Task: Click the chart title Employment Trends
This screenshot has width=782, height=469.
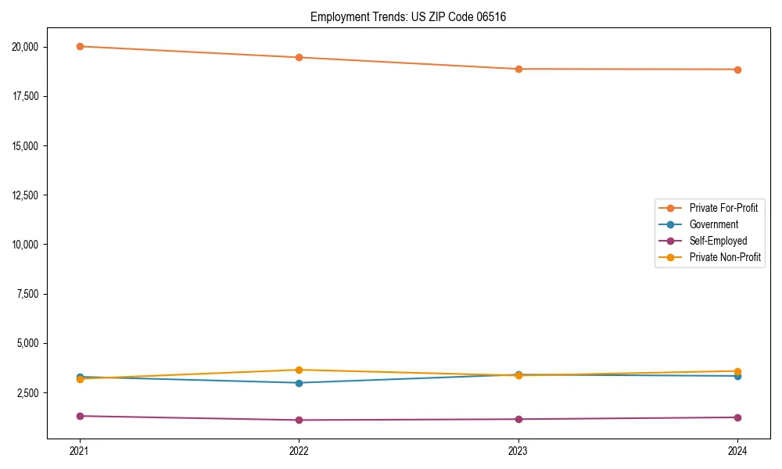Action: point(408,16)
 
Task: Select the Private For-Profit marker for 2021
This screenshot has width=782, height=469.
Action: point(80,46)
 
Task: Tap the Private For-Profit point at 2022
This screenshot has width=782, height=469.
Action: point(299,57)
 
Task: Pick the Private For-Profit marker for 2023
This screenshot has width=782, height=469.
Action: point(518,69)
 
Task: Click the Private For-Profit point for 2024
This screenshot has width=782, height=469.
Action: point(737,70)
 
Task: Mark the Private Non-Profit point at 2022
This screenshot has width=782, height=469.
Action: point(299,370)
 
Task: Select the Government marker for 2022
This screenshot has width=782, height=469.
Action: point(299,383)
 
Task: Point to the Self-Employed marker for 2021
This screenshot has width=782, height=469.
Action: point(80,416)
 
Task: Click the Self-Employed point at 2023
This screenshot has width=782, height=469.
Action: point(518,419)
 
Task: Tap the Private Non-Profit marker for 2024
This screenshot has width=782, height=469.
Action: point(737,371)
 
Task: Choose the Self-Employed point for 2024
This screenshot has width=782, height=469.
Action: point(737,417)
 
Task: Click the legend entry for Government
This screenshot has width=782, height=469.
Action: point(713,224)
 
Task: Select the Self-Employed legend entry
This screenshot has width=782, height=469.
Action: point(718,241)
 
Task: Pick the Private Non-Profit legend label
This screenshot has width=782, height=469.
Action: point(725,257)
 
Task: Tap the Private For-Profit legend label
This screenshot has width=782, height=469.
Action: point(723,208)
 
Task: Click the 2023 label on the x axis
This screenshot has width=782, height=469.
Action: point(518,450)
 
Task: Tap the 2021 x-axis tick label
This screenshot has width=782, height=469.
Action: point(80,450)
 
